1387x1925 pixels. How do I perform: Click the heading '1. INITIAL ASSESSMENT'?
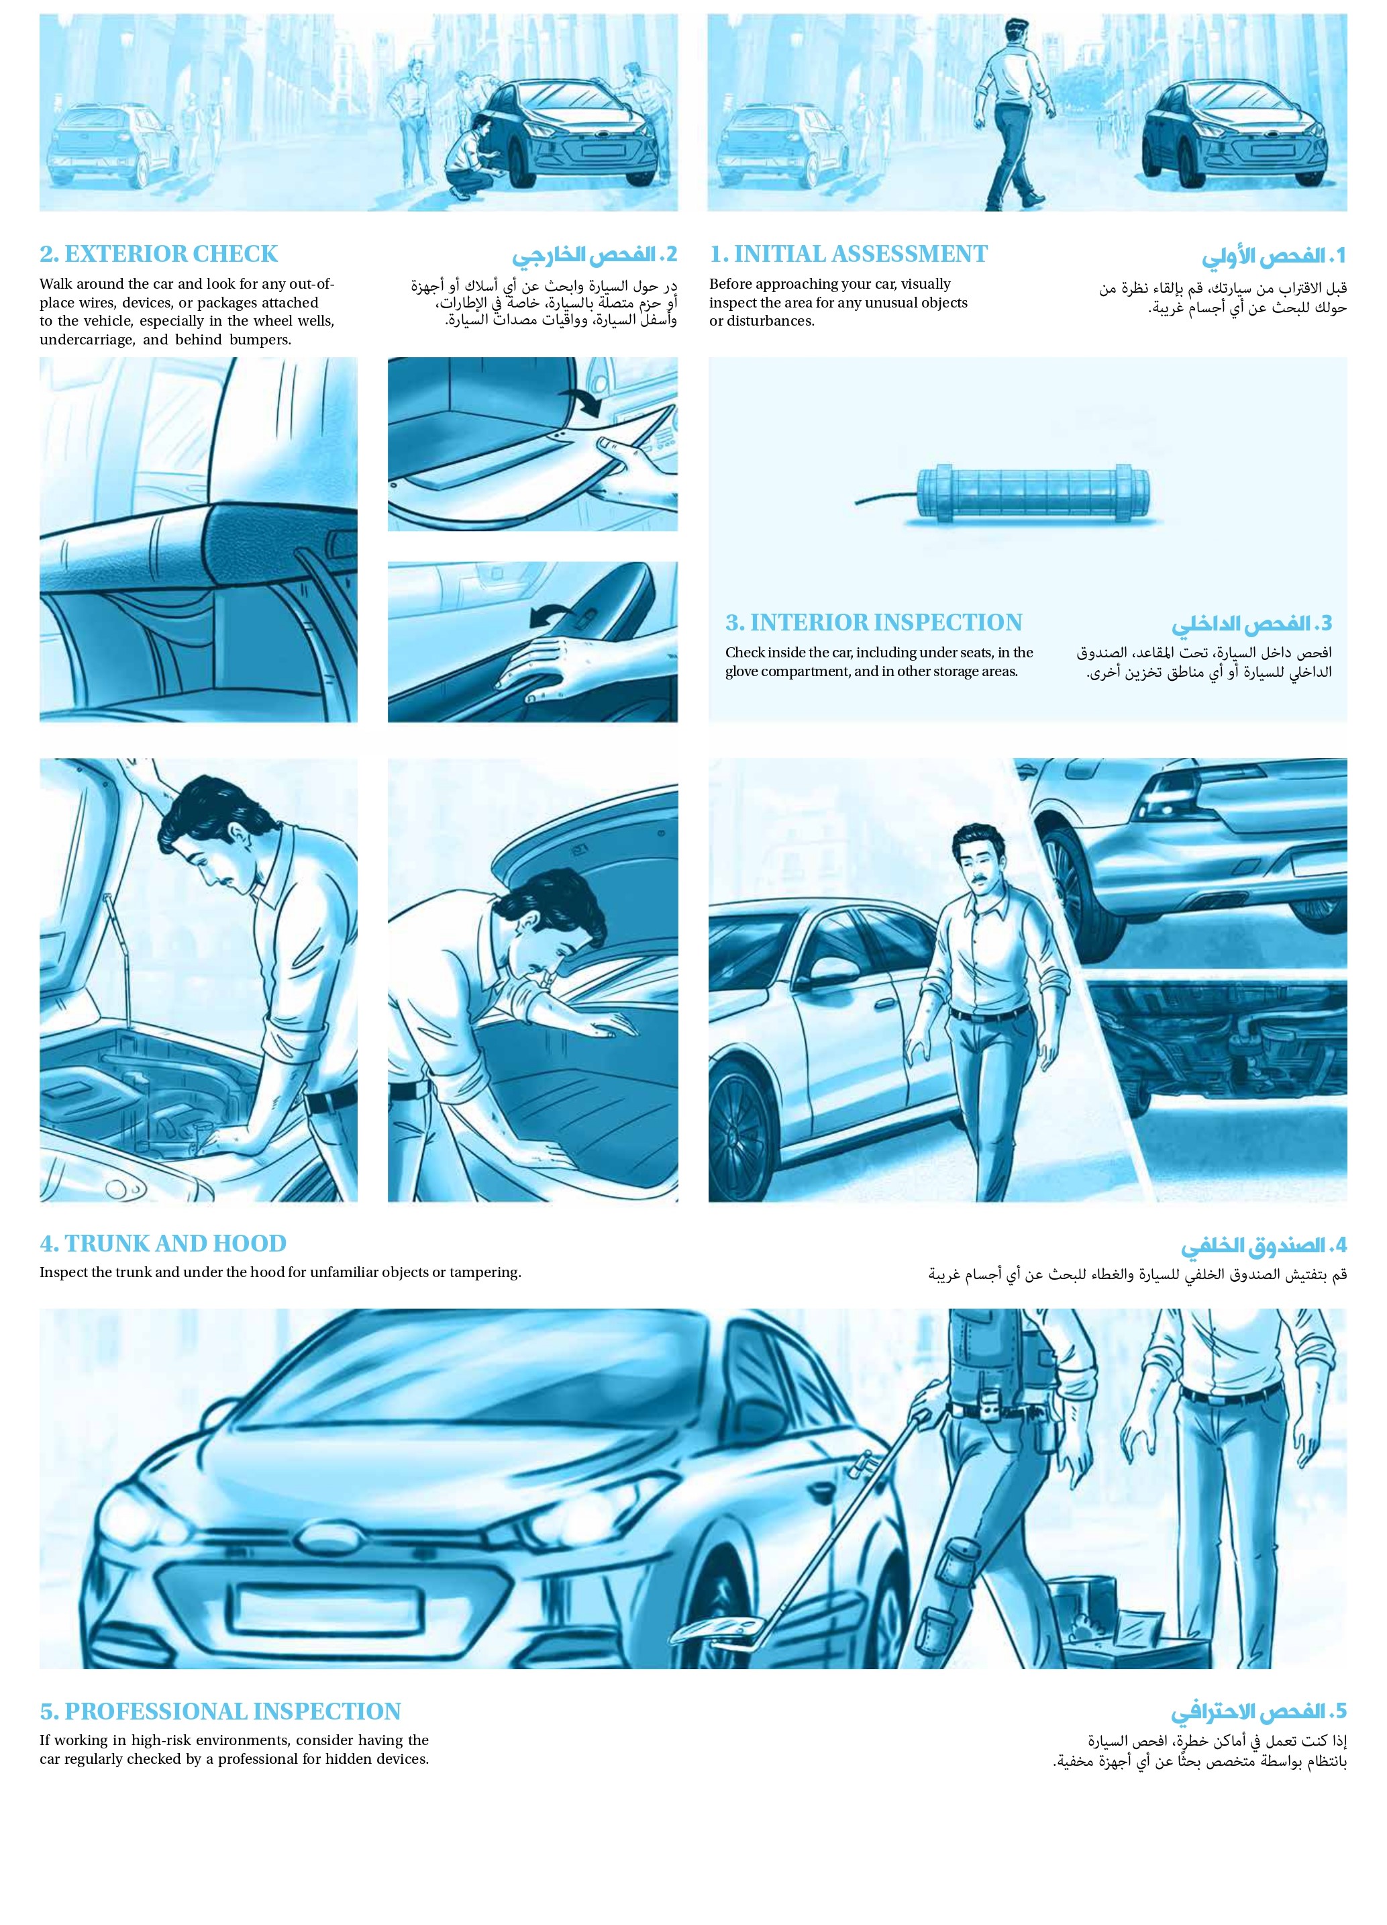(x=848, y=254)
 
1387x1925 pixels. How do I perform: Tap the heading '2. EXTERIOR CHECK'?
(x=158, y=254)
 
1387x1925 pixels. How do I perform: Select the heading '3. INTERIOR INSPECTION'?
(x=873, y=622)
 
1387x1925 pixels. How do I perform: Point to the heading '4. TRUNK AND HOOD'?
(x=163, y=1243)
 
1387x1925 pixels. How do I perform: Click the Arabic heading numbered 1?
(x=1274, y=255)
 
